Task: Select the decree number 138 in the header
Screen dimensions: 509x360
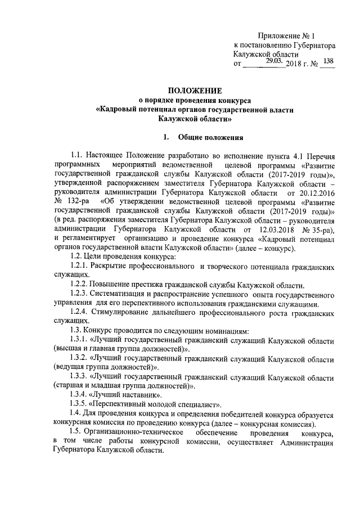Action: [330, 61]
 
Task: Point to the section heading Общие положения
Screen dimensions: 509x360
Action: [210, 137]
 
